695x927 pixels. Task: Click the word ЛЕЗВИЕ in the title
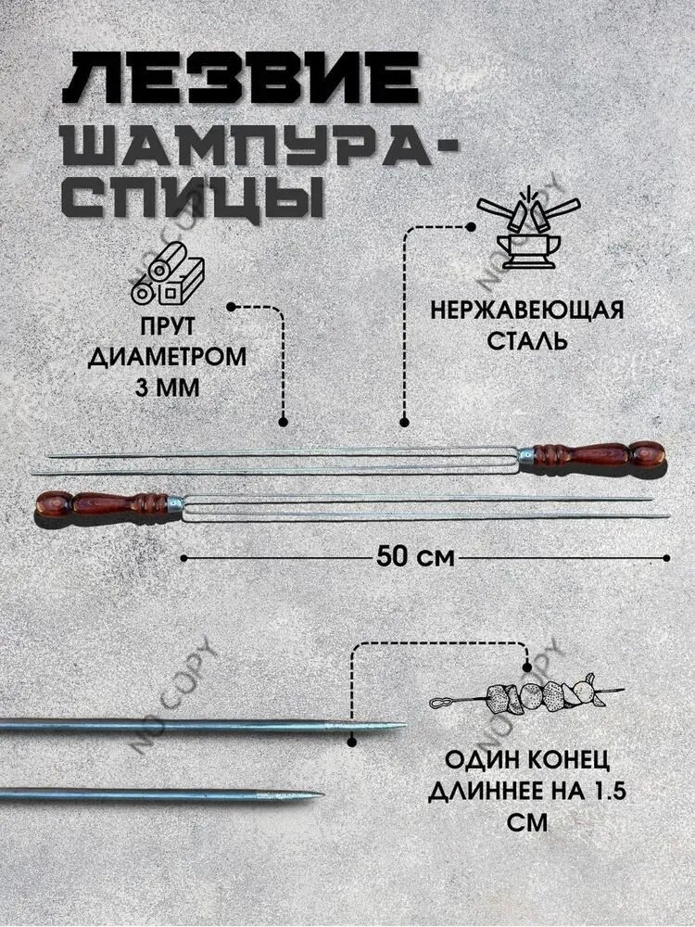click(241, 79)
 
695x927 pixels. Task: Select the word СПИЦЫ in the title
click(193, 196)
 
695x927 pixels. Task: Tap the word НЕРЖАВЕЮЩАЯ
click(526, 310)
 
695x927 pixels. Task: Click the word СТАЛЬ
click(526, 340)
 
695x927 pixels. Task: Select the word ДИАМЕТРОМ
click(167, 357)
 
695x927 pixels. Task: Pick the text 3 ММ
click(168, 387)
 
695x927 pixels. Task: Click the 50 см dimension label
click(415, 556)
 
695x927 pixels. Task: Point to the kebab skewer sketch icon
click(525, 696)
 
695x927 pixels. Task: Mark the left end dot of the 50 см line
click(184, 557)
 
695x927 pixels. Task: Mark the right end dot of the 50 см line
click(667, 557)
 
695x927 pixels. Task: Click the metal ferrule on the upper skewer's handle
click(526, 455)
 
